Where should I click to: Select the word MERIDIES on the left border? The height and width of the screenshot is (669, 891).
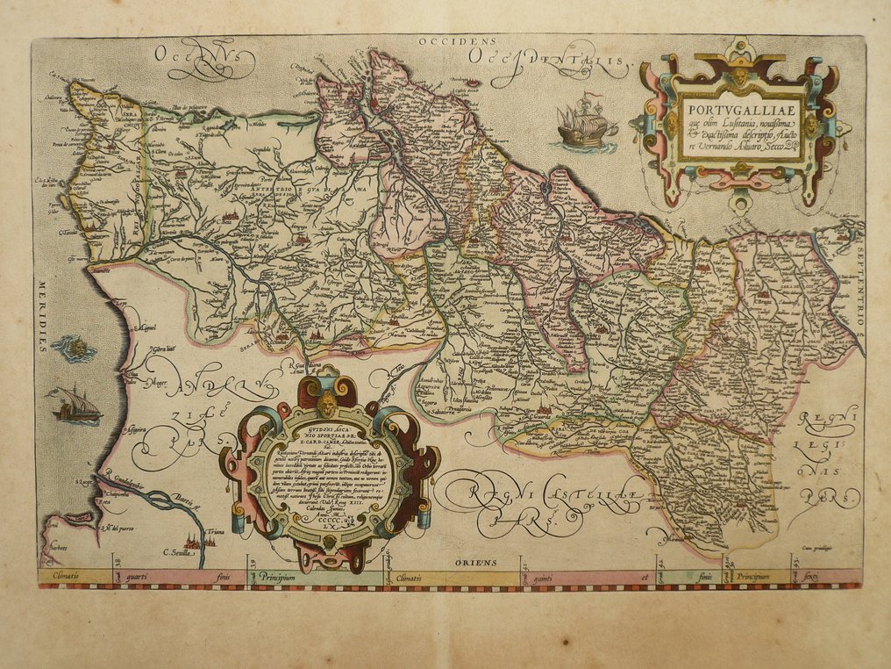41,316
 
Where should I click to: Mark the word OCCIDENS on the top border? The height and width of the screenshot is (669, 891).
457,41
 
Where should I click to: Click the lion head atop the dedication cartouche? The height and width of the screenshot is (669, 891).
328,406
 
